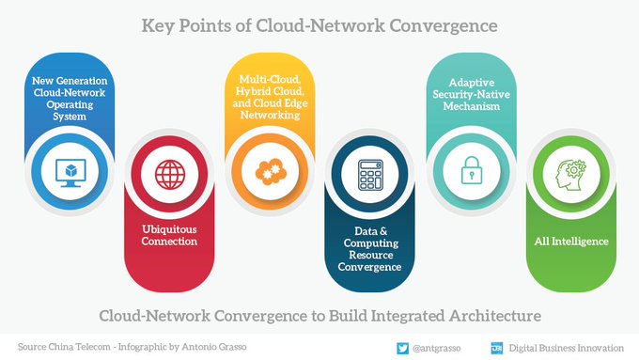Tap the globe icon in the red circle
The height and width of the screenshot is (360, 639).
[x=170, y=174]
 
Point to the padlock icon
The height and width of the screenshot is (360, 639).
[x=470, y=173]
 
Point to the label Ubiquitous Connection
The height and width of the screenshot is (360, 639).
[x=170, y=234]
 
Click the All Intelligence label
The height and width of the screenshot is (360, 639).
[x=570, y=242]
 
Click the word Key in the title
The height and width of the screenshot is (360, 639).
[x=161, y=24]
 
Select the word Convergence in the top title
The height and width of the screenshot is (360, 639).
[x=442, y=24]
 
